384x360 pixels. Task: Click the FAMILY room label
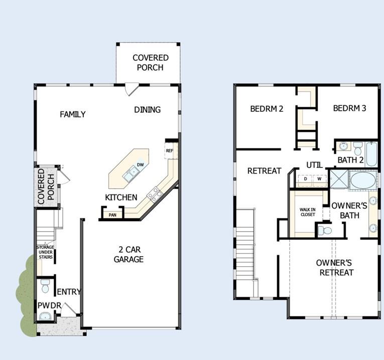click(73, 114)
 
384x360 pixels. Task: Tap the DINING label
click(147, 110)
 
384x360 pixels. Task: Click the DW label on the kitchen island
click(141, 165)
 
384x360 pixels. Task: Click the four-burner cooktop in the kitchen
click(155, 193)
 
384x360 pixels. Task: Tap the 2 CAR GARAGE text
click(129, 254)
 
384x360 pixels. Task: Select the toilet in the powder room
click(45, 286)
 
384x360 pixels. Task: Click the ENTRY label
click(69, 292)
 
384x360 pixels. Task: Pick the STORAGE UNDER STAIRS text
click(45, 252)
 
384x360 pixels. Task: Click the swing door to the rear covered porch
click(131, 90)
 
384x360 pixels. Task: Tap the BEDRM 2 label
click(267, 108)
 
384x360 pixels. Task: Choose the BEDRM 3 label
click(349, 108)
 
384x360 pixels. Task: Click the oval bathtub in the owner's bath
click(363, 180)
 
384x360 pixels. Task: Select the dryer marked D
click(306, 178)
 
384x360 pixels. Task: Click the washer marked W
click(319, 178)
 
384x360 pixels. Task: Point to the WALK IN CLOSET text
click(308, 212)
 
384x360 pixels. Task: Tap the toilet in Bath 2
click(357, 148)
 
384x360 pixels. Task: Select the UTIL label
click(315, 165)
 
